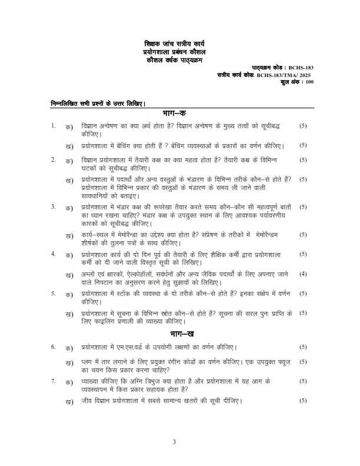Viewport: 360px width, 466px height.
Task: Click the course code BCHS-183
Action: (x=301, y=68)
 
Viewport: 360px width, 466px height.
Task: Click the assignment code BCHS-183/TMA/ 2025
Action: (x=287, y=75)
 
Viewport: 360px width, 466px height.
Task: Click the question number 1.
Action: (x=53, y=125)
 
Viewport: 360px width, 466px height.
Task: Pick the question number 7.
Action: (x=53, y=381)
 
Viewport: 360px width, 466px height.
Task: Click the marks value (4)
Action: (x=302, y=274)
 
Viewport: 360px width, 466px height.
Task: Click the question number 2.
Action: (x=53, y=159)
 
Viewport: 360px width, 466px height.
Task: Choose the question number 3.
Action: (x=53, y=207)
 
